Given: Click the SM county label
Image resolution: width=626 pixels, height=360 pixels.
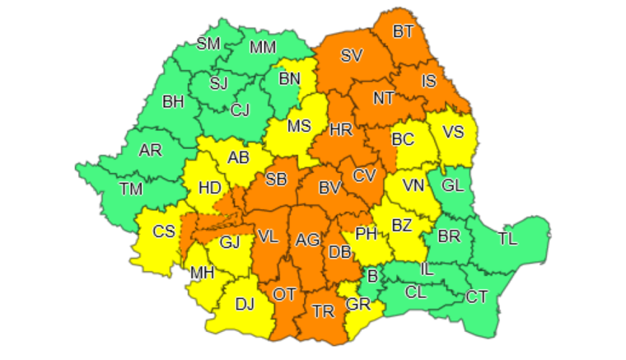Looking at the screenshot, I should (x=208, y=44).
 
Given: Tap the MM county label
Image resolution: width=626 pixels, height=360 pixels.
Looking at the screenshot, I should (x=263, y=48).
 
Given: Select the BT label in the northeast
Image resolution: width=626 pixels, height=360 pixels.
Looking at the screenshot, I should (x=404, y=32).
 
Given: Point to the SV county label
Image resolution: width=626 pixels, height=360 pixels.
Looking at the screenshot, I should (x=352, y=56).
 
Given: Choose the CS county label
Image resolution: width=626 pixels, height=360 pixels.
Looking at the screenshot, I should (x=165, y=231).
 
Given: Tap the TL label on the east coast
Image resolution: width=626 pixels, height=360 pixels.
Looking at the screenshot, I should (x=508, y=239).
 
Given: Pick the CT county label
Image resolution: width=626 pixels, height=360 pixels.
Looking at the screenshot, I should (x=476, y=296).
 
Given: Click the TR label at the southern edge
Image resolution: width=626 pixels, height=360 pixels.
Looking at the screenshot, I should (x=323, y=312).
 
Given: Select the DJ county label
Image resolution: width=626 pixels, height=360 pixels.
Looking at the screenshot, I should (x=245, y=304).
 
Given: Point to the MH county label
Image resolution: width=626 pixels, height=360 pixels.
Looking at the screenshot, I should (x=202, y=273).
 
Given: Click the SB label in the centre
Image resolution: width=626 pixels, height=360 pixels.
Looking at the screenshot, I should (x=276, y=180).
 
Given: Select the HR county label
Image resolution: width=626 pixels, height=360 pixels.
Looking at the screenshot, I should (x=341, y=129).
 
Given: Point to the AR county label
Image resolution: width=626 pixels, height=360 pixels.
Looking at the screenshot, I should (x=151, y=151).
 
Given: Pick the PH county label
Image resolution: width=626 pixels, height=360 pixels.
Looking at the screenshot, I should (x=366, y=235).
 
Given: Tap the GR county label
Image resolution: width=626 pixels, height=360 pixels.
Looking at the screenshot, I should (x=358, y=302).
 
